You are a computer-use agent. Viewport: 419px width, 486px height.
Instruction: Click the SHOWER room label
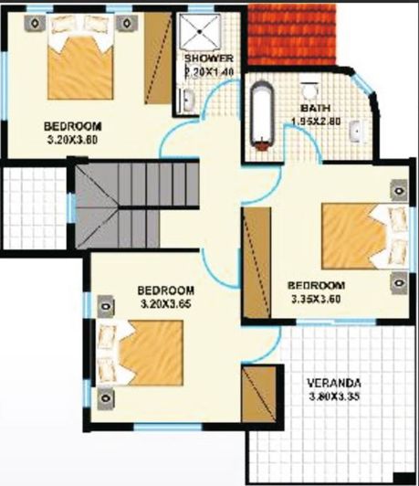coord(209,59)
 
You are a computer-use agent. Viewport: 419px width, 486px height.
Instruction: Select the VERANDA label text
coord(334,382)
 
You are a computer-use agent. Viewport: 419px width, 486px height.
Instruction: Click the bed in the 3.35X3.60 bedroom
coord(357,235)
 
